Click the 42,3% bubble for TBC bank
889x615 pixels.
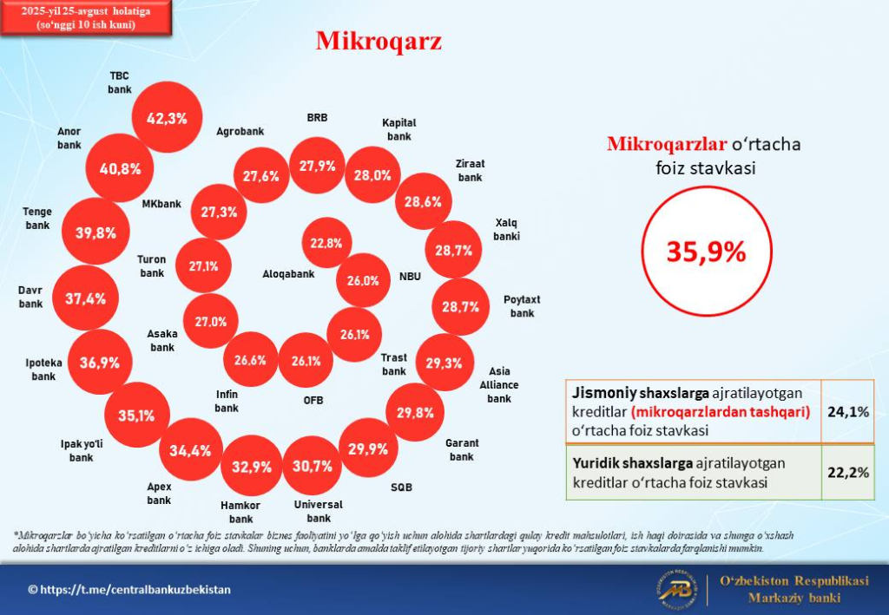pos(167,119)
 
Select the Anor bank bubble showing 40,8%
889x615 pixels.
pos(120,168)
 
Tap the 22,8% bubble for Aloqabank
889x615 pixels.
pos(326,244)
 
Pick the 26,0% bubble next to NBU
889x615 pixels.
pos(363,280)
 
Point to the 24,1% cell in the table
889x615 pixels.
pos(848,412)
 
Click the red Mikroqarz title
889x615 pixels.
pos(379,41)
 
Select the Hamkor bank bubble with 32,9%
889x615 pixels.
pos(251,466)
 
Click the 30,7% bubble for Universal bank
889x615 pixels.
pos(313,466)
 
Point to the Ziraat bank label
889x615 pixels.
pos(470,170)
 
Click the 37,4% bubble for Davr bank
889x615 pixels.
pos(85,298)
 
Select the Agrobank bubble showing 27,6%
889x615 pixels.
pos(260,176)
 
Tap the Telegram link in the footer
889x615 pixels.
pos(130,589)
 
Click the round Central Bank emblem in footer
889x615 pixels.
pos(680,590)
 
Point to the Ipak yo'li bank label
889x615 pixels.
pos(81,450)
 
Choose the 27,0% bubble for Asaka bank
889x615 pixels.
pos(211,321)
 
